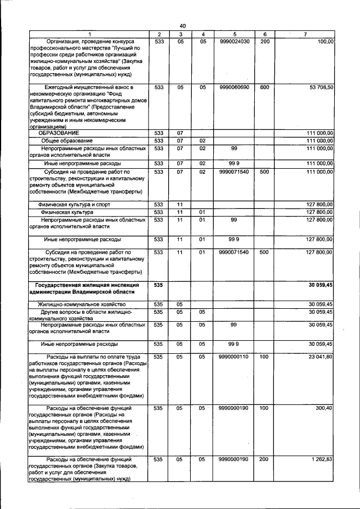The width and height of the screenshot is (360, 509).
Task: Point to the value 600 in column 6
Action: tap(264, 87)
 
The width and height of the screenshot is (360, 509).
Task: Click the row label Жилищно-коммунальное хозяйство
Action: tap(78, 304)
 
